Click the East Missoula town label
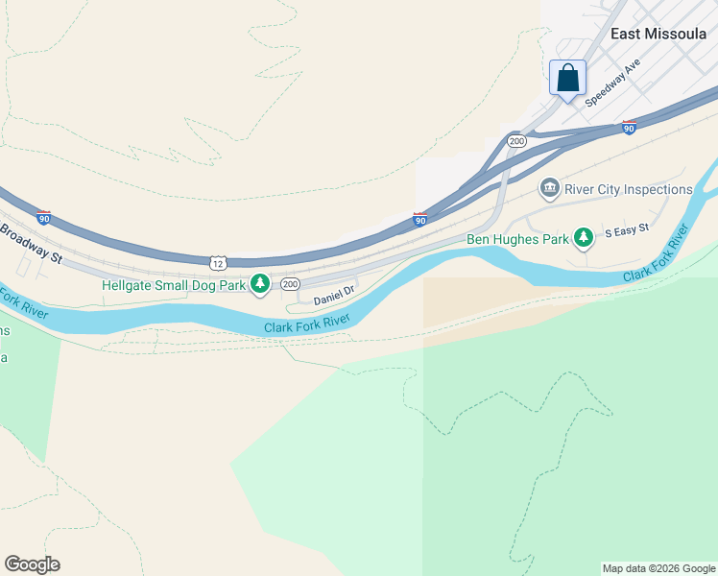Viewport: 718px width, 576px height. [658, 33]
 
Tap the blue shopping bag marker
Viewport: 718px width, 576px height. [567, 78]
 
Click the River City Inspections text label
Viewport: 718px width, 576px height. [629, 189]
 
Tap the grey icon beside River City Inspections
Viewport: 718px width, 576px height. [550, 189]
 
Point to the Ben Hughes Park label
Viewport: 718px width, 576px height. [516, 238]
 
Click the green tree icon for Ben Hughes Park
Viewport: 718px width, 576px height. [583, 237]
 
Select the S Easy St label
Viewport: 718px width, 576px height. [627, 230]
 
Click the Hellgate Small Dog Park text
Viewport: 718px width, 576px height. [173, 284]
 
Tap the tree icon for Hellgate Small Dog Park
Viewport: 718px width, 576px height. [259, 284]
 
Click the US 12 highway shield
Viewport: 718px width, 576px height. [218, 262]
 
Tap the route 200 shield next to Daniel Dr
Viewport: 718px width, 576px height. [290, 284]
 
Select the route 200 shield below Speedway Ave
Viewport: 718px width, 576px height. [517, 141]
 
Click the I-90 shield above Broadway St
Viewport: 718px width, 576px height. [43, 218]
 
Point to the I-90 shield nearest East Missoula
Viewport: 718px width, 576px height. [629, 127]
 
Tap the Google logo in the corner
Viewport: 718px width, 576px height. [32, 564]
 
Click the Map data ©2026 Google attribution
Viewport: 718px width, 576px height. [658, 568]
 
